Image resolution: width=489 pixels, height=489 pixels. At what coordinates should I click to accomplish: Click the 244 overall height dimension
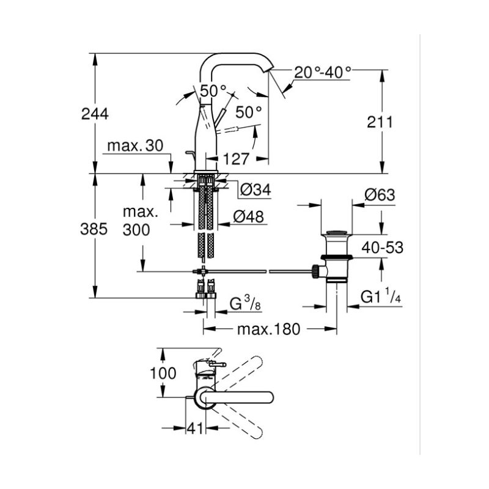click(95, 114)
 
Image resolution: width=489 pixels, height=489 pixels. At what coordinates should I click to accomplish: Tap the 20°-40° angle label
click(323, 73)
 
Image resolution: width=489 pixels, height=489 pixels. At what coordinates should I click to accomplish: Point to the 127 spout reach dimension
click(236, 159)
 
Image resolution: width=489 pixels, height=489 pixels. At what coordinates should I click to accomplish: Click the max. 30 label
click(135, 145)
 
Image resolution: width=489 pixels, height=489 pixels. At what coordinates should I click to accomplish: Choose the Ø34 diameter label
click(256, 189)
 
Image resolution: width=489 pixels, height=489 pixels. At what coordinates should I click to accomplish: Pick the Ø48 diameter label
click(249, 216)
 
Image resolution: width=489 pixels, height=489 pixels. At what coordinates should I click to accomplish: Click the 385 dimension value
click(94, 229)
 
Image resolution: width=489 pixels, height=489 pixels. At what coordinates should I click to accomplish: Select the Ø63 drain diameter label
click(380, 195)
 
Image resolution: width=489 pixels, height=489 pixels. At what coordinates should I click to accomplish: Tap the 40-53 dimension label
click(383, 248)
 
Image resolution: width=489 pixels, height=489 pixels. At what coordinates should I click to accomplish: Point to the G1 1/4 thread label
click(381, 296)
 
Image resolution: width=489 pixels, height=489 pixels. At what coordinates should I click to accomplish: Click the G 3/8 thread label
click(245, 303)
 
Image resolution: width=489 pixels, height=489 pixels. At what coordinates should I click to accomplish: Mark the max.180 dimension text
click(268, 329)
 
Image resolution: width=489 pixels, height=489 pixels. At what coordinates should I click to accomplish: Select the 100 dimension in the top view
click(163, 373)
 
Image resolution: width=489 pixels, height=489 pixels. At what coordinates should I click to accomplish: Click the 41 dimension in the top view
click(195, 428)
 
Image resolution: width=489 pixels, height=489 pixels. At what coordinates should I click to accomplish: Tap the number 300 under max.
click(136, 230)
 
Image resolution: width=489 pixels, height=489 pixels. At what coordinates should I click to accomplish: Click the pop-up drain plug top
click(336, 232)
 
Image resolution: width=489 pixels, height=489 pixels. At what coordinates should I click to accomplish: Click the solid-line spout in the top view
click(237, 397)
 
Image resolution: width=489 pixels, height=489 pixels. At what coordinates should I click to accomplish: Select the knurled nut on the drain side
click(315, 271)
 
